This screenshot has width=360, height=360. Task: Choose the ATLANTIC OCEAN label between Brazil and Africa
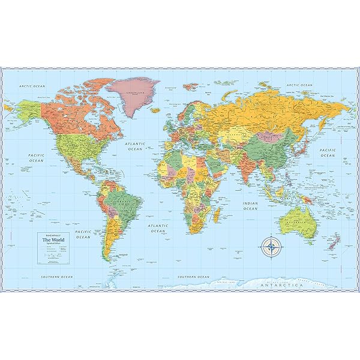click(157, 228)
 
